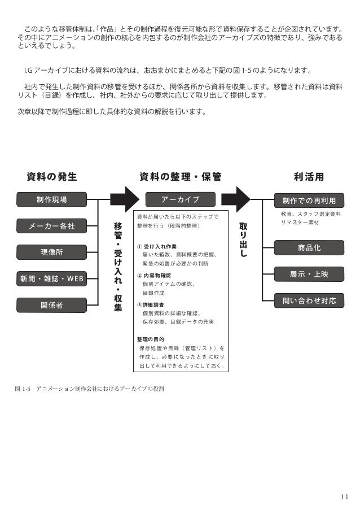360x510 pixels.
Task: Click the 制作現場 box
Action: pos(51,199)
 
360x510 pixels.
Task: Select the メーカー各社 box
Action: pos(51,226)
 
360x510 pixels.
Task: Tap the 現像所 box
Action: pos(51,252)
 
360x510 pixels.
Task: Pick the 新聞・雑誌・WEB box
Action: pos(51,278)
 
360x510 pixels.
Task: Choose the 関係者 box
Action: pos(51,305)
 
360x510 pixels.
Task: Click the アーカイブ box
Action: pos(180,199)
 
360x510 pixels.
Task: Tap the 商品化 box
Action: pos(309,247)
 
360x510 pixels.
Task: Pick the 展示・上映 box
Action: pos(309,274)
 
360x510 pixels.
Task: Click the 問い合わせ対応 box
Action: pos(309,300)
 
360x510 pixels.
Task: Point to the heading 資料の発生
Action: pos(52,177)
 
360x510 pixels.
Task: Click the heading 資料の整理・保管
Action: pos(180,177)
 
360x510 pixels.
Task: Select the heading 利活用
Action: pos(309,177)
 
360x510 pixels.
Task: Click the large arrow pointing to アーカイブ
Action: pos(124,199)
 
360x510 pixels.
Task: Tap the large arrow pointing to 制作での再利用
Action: pos(235,199)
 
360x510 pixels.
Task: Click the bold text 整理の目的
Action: pos(151,339)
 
